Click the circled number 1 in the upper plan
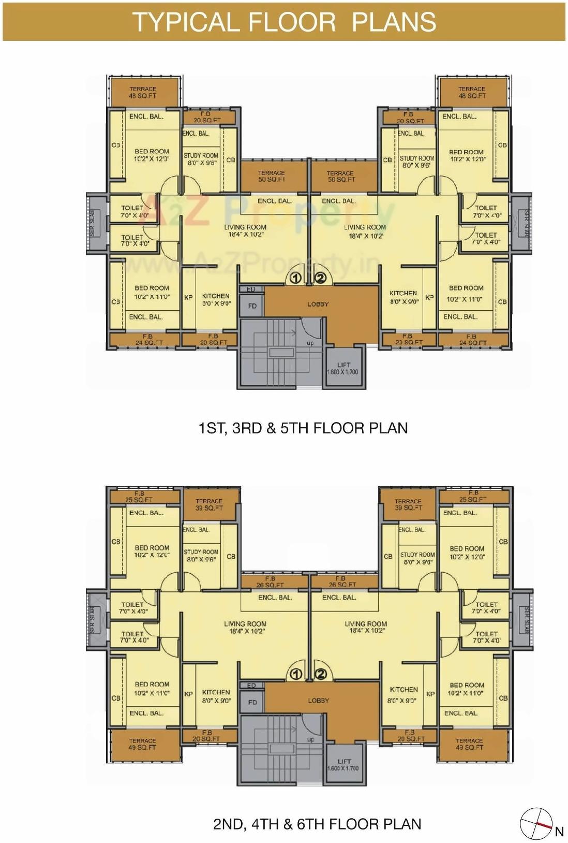[x=295, y=278]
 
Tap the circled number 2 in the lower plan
[x=321, y=674]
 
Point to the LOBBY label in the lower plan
[x=318, y=701]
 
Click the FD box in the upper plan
[x=252, y=306]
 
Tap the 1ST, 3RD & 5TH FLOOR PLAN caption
[x=303, y=428]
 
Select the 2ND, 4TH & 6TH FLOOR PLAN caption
[x=317, y=824]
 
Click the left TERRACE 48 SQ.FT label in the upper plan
[x=143, y=93]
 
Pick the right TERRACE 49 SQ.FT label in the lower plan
[x=470, y=745]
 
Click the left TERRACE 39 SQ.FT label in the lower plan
[x=209, y=505]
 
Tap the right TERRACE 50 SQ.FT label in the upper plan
[x=340, y=177]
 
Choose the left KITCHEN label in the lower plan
[x=216, y=696]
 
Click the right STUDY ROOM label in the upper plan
[x=417, y=162]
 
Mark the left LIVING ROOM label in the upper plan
[x=245, y=230]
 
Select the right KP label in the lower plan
[x=430, y=694]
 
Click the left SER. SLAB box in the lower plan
[x=94, y=619]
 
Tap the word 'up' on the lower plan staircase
[x=310, y=739]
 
